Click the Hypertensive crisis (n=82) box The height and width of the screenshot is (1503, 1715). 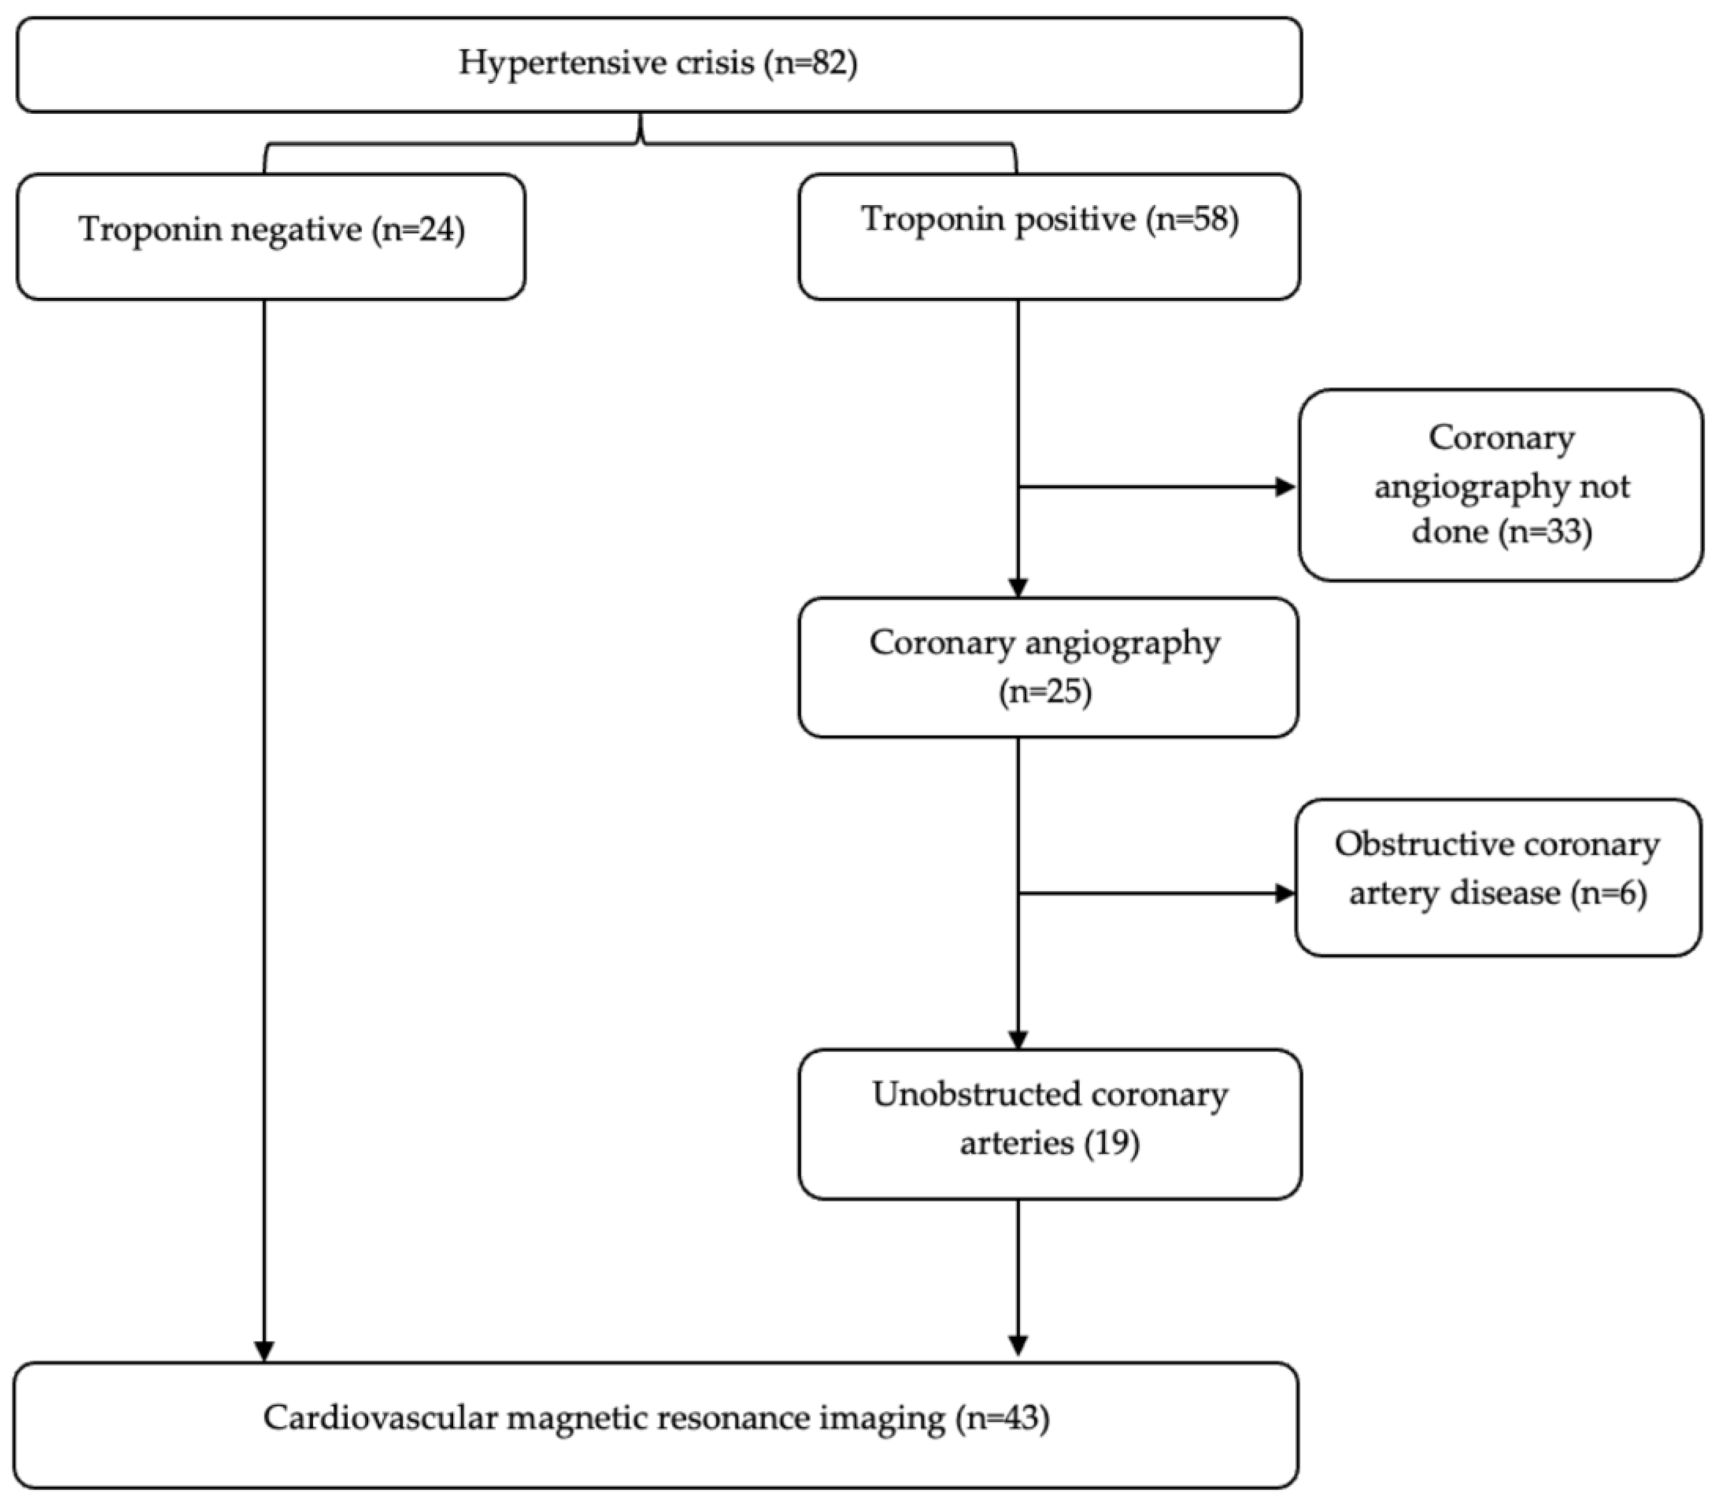[658, 65]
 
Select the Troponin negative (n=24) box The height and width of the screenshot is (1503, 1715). [271, 237]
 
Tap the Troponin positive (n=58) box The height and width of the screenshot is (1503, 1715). [1049, 237]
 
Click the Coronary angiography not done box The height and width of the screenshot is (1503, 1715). [1500, 485]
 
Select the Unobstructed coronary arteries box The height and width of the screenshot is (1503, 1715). [1049, 1123]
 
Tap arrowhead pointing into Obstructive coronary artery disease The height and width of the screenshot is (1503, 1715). [1284, 893]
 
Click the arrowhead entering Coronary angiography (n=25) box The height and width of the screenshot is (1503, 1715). [1018, 587]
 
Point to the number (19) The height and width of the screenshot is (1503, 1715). [1111, 1142]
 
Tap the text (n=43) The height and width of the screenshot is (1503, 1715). [1002, 1418]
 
